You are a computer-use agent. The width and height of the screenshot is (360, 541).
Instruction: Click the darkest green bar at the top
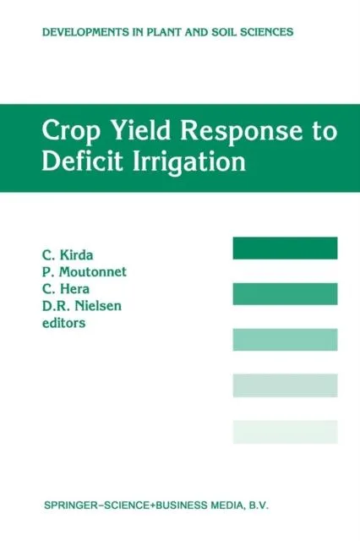pyautogui.click(x=285, y=248)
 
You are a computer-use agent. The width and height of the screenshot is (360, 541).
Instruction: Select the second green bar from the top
pyautogui.click(x=285, y=293)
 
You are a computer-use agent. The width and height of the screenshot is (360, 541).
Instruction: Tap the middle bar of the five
pyautogui.click(x=285, y=340)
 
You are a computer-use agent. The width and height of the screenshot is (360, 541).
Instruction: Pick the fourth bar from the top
pyautogui.click(x=285, y=385)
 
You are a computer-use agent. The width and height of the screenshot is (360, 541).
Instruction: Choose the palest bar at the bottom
pyautogui.click(x=285, y=432)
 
